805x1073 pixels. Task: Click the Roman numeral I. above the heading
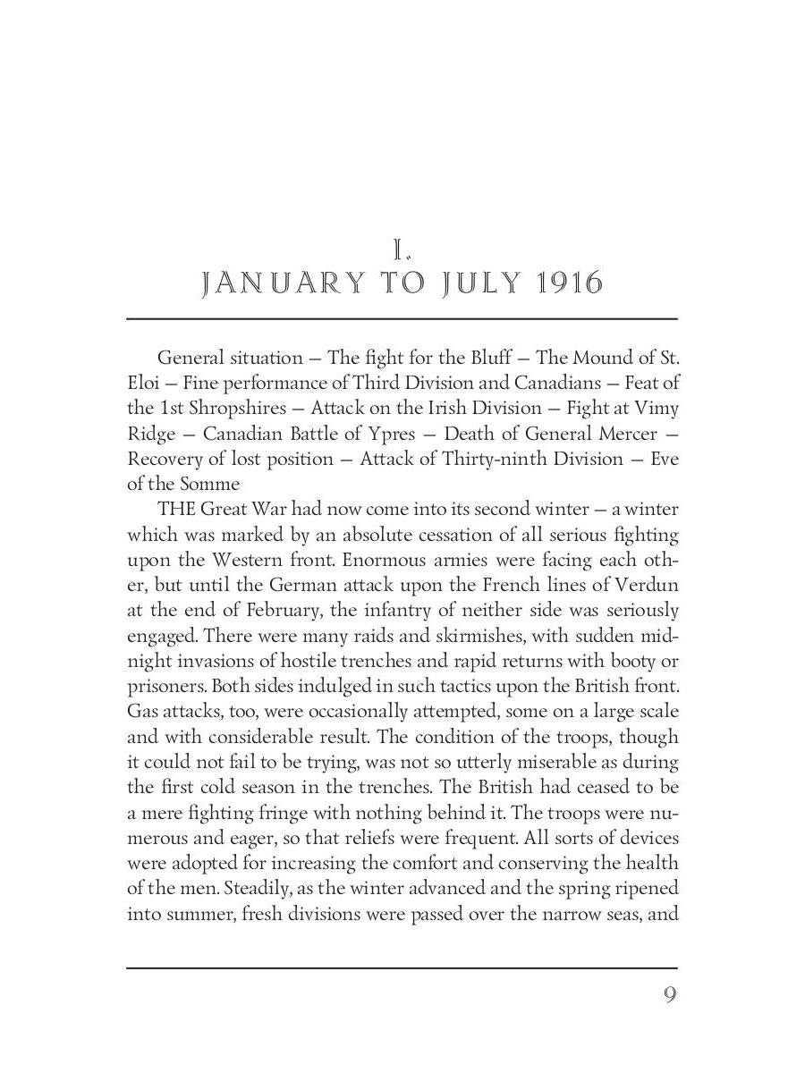coord(402,249)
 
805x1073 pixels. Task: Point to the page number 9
coord(669,995)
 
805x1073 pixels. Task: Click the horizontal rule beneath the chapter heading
coord(402,318)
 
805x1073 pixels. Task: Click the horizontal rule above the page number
coord(402,967)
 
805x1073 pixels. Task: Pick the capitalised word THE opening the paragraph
coord(175,510)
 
